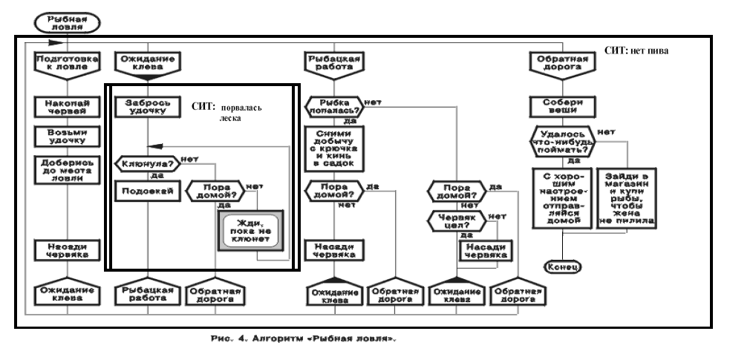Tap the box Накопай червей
[x=68, y=107]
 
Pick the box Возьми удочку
[x=68, y=137]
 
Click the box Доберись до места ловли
[x=68, y=168]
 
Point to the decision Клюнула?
[x=146, y=163]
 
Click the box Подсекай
[x=144, y=192]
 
